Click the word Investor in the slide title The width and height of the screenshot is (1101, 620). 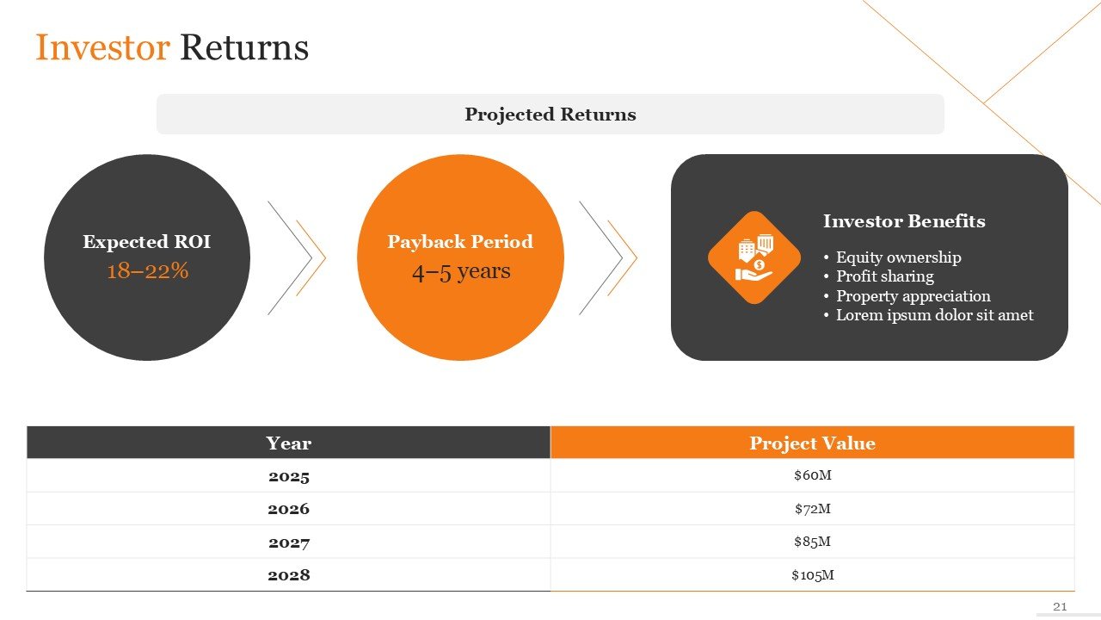coord(102,47)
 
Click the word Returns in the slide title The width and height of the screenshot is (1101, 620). coord(244,47)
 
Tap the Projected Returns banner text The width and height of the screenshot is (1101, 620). coord(550,115)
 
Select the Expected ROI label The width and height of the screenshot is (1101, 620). coord(146,242)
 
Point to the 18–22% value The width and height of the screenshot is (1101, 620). coord(147,270)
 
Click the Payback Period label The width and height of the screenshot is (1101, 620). coord(460,242)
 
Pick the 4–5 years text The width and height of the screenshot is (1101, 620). coord(461,272)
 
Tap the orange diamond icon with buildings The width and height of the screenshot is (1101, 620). coord(754,257)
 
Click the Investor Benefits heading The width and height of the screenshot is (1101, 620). coord(904,221)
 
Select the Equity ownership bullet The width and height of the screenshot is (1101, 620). coord(892,257)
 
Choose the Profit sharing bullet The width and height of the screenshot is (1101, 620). coord(879,276)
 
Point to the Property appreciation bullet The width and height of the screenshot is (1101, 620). coord(907,295)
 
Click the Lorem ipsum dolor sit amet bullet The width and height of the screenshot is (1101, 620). coord(928,315)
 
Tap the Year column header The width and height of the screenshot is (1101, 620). coord(288,443)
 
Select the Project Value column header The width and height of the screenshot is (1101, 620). coord(813,443)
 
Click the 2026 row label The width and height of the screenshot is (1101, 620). coord(288,509)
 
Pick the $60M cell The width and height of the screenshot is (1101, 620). coord(813,474)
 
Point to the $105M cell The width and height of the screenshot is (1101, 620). coord(813,574)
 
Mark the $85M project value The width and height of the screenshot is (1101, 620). coord(813,542)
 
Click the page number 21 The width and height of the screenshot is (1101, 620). coord(1060,607)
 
